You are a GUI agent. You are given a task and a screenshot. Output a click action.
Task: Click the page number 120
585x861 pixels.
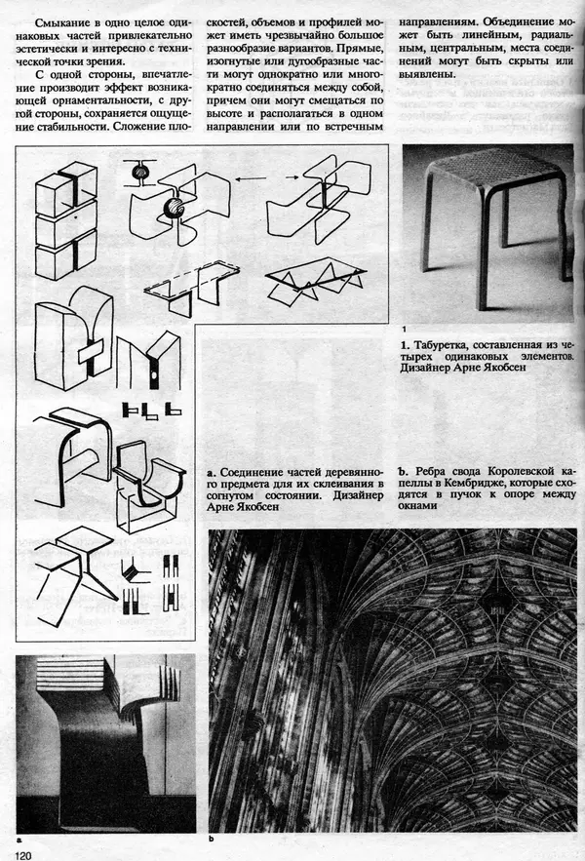click(x=24, y=855)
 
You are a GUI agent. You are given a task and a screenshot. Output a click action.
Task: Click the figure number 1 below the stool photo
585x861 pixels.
click(x=405, y=330)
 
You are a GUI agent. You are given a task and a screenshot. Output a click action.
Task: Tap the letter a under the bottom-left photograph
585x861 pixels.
click(x=19, y=840)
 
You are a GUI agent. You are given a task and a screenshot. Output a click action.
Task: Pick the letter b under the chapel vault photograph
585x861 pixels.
click(x=212, y=839)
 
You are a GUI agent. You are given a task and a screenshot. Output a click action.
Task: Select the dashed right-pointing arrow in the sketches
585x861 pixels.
click(x=292, y=176)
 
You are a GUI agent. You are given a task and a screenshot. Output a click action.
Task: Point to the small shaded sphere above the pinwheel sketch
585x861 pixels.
click(x=139, y=172)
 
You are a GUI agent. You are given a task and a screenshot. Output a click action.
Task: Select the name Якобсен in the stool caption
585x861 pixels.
click(x=502, y=368)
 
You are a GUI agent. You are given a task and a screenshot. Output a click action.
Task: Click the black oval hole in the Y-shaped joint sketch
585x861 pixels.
click(x=154, y=375)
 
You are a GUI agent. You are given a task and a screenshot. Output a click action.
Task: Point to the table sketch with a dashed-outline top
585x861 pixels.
click(x=192, y=288)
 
